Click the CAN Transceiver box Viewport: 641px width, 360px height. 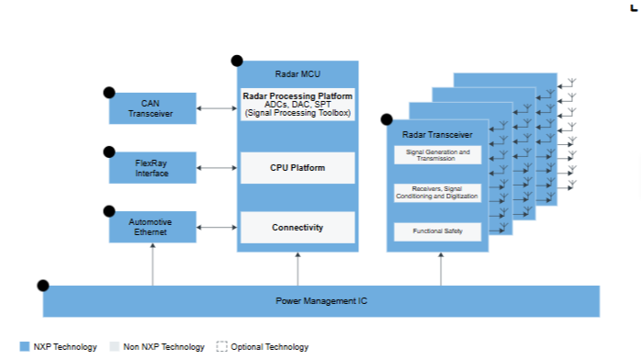(152, 108)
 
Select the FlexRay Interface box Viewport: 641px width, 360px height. (152, 167)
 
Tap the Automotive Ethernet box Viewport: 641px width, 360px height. (152, 227)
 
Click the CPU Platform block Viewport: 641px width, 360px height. (298, 168)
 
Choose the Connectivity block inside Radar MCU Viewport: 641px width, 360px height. (298, 227)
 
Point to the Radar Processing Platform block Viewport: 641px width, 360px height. (298, 104)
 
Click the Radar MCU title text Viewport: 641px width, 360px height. (298, 74)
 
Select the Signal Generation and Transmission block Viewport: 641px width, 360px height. (438, 155)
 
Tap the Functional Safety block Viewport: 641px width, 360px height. (438, 231)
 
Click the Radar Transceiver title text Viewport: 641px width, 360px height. (437, 134)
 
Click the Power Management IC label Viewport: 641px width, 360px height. (321, 301)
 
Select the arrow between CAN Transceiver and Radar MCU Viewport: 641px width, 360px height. (217, 108)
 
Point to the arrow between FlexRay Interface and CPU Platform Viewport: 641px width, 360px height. (217, 167)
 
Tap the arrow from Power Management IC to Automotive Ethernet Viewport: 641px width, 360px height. (152, 264)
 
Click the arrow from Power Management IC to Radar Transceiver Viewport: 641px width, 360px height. (441, 269)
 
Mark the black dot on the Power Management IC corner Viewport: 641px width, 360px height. (43, 286)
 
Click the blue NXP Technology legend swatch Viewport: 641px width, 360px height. (25, 346)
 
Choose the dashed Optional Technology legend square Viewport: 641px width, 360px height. (221, 346)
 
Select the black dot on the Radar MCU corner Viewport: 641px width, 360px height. (237, 61)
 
